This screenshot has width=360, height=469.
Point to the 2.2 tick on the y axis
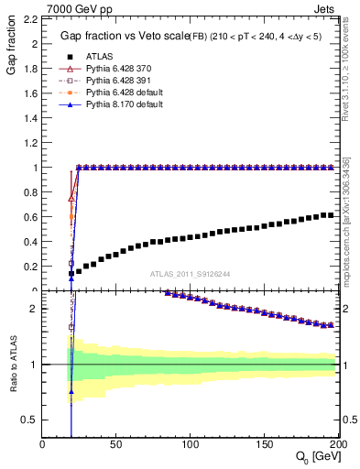pyautogui.click(x=29, y=18)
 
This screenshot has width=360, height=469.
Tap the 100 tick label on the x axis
pyautogui.click(x=191, y=444)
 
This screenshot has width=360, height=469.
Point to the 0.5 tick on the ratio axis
pyautogui.click(x=29, y=420)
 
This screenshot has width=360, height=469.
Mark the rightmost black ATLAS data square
pyautogui.click(x=331, y=215)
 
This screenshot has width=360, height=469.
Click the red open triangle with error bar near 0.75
pyautogui.click(x=71, y=197)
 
